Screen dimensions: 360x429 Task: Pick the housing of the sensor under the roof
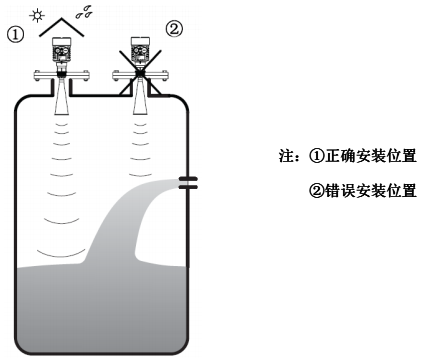62,51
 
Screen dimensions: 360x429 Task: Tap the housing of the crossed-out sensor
140,51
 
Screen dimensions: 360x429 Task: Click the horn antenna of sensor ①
62,96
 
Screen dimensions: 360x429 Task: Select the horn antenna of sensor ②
140,96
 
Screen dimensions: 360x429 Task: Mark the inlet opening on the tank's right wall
187,182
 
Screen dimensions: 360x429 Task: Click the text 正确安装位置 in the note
375,158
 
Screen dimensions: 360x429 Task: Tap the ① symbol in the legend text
316,158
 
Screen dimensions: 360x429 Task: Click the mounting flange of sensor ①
62,72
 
